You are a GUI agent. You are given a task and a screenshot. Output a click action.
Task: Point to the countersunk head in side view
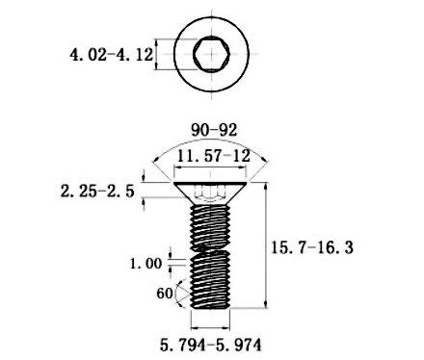point(210,191)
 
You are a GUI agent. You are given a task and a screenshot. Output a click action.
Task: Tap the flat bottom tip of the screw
point(210,307)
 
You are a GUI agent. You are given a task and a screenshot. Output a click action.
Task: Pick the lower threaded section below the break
point(210,280)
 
